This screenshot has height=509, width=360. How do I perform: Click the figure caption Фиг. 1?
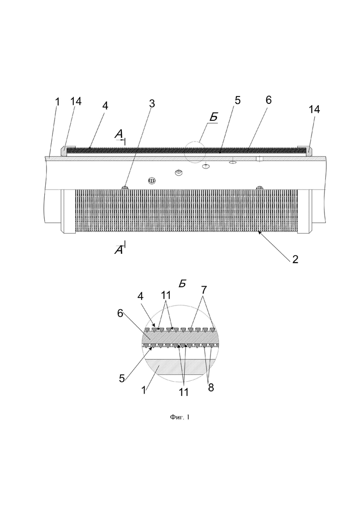(180, 417)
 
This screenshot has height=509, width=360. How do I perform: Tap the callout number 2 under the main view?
(295, 259)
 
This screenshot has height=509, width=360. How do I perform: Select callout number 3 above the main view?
(151, 103)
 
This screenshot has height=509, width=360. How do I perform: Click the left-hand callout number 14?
(76, 101)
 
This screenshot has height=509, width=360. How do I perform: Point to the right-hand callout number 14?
(314, 109)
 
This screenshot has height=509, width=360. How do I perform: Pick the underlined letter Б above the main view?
(213, 117)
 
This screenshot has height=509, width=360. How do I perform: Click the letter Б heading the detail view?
(182, 283)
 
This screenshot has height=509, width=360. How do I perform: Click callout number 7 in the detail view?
(204, 289)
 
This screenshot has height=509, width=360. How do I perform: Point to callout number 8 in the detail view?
(210, 388)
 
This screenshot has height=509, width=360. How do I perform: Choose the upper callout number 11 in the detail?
(166, 295)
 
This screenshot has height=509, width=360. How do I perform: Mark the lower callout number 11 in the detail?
(183, 392)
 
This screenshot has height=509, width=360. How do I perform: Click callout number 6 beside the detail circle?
(120, 314)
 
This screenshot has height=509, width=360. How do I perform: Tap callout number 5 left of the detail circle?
(122, 378)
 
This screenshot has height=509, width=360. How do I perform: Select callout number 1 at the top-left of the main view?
(57, 102)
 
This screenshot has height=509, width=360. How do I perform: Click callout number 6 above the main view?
(268, 100)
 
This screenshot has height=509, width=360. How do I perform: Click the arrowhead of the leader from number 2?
(259, 232)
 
